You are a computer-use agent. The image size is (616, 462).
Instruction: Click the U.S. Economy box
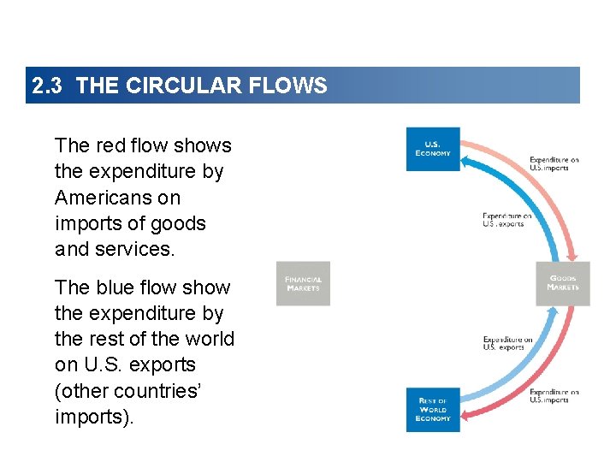coord(433,150)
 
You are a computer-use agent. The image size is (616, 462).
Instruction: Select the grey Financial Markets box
coord(303,284)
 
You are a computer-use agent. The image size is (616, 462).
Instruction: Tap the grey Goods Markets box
coord(563,283)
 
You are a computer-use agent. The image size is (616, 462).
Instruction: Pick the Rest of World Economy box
coord(433,409)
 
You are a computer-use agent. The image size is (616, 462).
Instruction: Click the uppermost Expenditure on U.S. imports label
coord(554,163)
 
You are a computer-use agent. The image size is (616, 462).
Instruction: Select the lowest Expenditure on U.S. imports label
coord(554,396)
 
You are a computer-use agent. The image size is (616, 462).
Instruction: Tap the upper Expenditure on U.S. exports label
coord(506,220)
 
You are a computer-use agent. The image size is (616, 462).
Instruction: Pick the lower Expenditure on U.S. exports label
coord(506,343)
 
